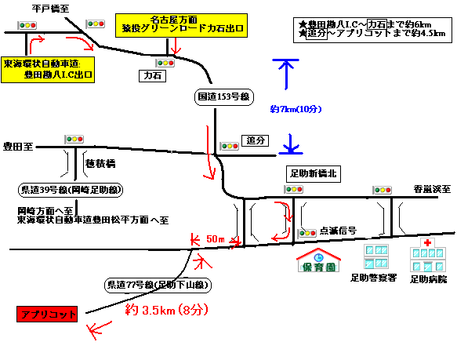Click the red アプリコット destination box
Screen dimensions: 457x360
(47, 314)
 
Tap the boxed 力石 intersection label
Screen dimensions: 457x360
(152, 76)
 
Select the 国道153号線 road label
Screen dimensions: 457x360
(224, 96)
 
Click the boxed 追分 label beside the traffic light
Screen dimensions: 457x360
(256, 140)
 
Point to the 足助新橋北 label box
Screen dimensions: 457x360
(314, 174)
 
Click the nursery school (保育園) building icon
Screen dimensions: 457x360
(318, 260)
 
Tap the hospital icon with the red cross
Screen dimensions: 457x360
(428, 255)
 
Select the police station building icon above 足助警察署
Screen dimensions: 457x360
(376, 256)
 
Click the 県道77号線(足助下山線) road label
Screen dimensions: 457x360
(158, 285)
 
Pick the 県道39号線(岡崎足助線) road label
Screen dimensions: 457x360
(71, 190)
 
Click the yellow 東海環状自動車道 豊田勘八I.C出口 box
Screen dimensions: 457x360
(48, 70)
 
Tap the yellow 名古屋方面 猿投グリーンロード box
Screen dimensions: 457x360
(181, 25)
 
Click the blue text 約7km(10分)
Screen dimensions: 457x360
(296, 109)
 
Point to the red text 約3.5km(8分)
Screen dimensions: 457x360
(167, 310)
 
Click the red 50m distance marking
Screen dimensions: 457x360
(216, 239)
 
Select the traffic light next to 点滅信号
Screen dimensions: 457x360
(306, 234)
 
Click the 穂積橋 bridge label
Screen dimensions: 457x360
(100, 164)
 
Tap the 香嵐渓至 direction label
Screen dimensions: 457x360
(432, 189)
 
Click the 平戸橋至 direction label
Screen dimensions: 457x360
(50, 9)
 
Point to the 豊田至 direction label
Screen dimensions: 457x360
(18, 147)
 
